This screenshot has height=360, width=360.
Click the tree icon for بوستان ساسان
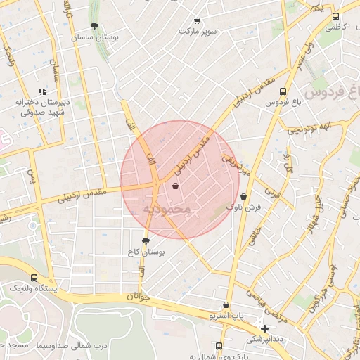94,26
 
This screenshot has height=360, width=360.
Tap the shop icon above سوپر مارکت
196,20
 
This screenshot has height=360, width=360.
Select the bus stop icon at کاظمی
335,16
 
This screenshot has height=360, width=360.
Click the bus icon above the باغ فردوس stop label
283,91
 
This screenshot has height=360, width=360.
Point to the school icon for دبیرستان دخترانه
43,91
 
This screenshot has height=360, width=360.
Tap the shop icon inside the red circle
174,186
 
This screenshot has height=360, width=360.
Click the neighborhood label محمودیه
167,209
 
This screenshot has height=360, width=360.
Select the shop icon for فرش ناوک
243,197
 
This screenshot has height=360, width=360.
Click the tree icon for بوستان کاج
146,240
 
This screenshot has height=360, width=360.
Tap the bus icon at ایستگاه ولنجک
34,278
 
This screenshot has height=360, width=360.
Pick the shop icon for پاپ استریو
226,305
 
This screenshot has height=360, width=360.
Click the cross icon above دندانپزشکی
264,328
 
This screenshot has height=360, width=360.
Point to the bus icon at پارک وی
219,347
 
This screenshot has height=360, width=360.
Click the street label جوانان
139,297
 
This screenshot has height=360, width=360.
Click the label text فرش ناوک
249,207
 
